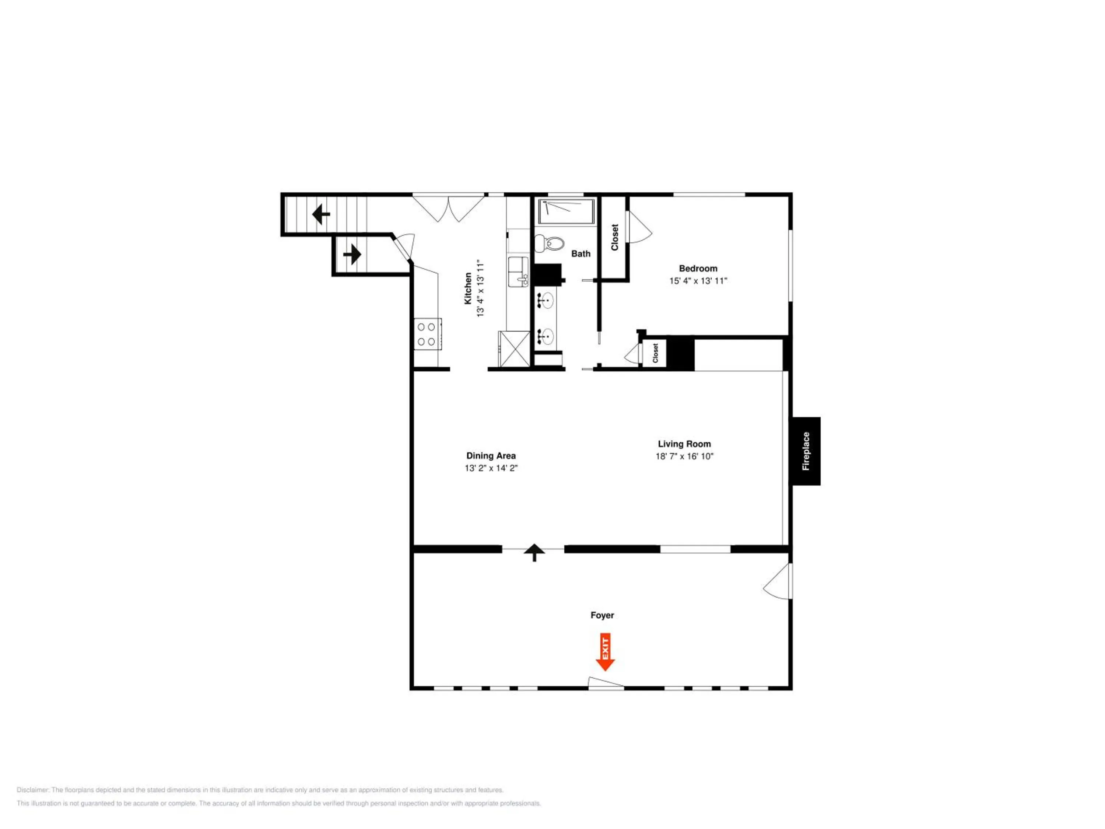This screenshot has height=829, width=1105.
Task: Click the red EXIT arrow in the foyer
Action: coord(605,652)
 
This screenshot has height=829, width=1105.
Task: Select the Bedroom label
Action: coord(698,268)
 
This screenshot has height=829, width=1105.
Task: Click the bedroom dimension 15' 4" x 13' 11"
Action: coord(698,281)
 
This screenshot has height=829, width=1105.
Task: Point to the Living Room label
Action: coord(684,444)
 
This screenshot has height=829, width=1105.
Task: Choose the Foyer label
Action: coord(602,615)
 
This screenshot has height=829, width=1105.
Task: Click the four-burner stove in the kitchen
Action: coord(427,334)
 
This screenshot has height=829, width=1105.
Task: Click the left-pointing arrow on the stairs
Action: coord(321,214)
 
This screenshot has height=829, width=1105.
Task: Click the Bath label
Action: coord(580,254)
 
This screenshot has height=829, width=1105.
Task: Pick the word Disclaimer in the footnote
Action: coord(33,790)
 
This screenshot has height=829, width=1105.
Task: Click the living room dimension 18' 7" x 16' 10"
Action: coord(684,456)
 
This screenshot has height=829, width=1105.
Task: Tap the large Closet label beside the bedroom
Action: coord(614,237)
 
